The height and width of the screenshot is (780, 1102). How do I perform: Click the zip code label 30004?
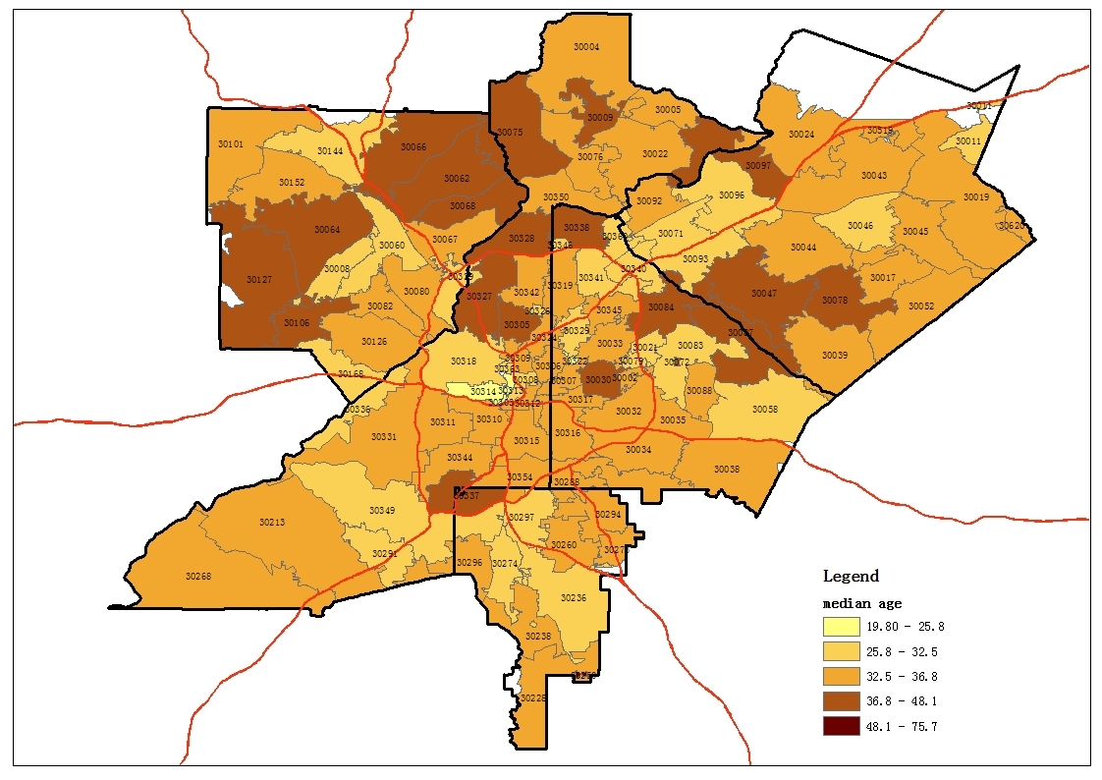586,46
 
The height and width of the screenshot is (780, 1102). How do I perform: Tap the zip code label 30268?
198,576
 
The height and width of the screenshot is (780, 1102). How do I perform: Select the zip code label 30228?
533,697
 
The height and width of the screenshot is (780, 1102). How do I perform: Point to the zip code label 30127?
259,280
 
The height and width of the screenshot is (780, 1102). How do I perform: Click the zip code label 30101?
231,144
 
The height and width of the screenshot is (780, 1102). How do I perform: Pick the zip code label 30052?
920,306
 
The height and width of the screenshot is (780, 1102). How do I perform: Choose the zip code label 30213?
272,522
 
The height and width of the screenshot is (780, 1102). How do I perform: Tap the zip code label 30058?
765,409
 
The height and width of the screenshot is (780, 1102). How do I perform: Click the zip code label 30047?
763,294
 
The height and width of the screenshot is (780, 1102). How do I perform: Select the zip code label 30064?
327,230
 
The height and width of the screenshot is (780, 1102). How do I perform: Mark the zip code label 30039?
834,355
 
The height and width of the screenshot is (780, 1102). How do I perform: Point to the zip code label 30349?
382,510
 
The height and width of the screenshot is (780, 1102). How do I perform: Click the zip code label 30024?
801,135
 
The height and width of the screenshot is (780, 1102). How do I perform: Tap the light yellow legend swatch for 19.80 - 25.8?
842,627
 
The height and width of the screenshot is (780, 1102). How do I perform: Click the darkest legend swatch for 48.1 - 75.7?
842,727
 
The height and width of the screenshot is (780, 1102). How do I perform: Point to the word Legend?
851,576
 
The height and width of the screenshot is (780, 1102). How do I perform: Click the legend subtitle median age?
861,603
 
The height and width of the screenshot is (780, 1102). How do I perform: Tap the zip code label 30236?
574,597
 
